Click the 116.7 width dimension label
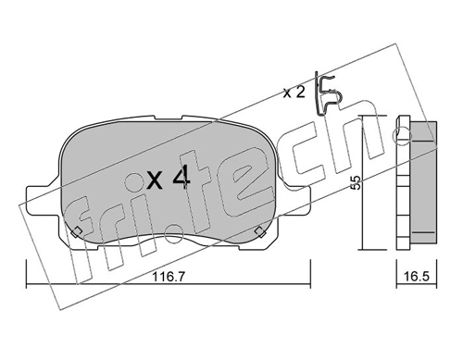(169, 277)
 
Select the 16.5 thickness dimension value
(417, 277)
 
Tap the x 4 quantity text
(169, 180)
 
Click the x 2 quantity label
(294, 93)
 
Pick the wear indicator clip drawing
(327, 93)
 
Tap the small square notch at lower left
(77, 231)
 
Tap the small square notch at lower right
(260, 231)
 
